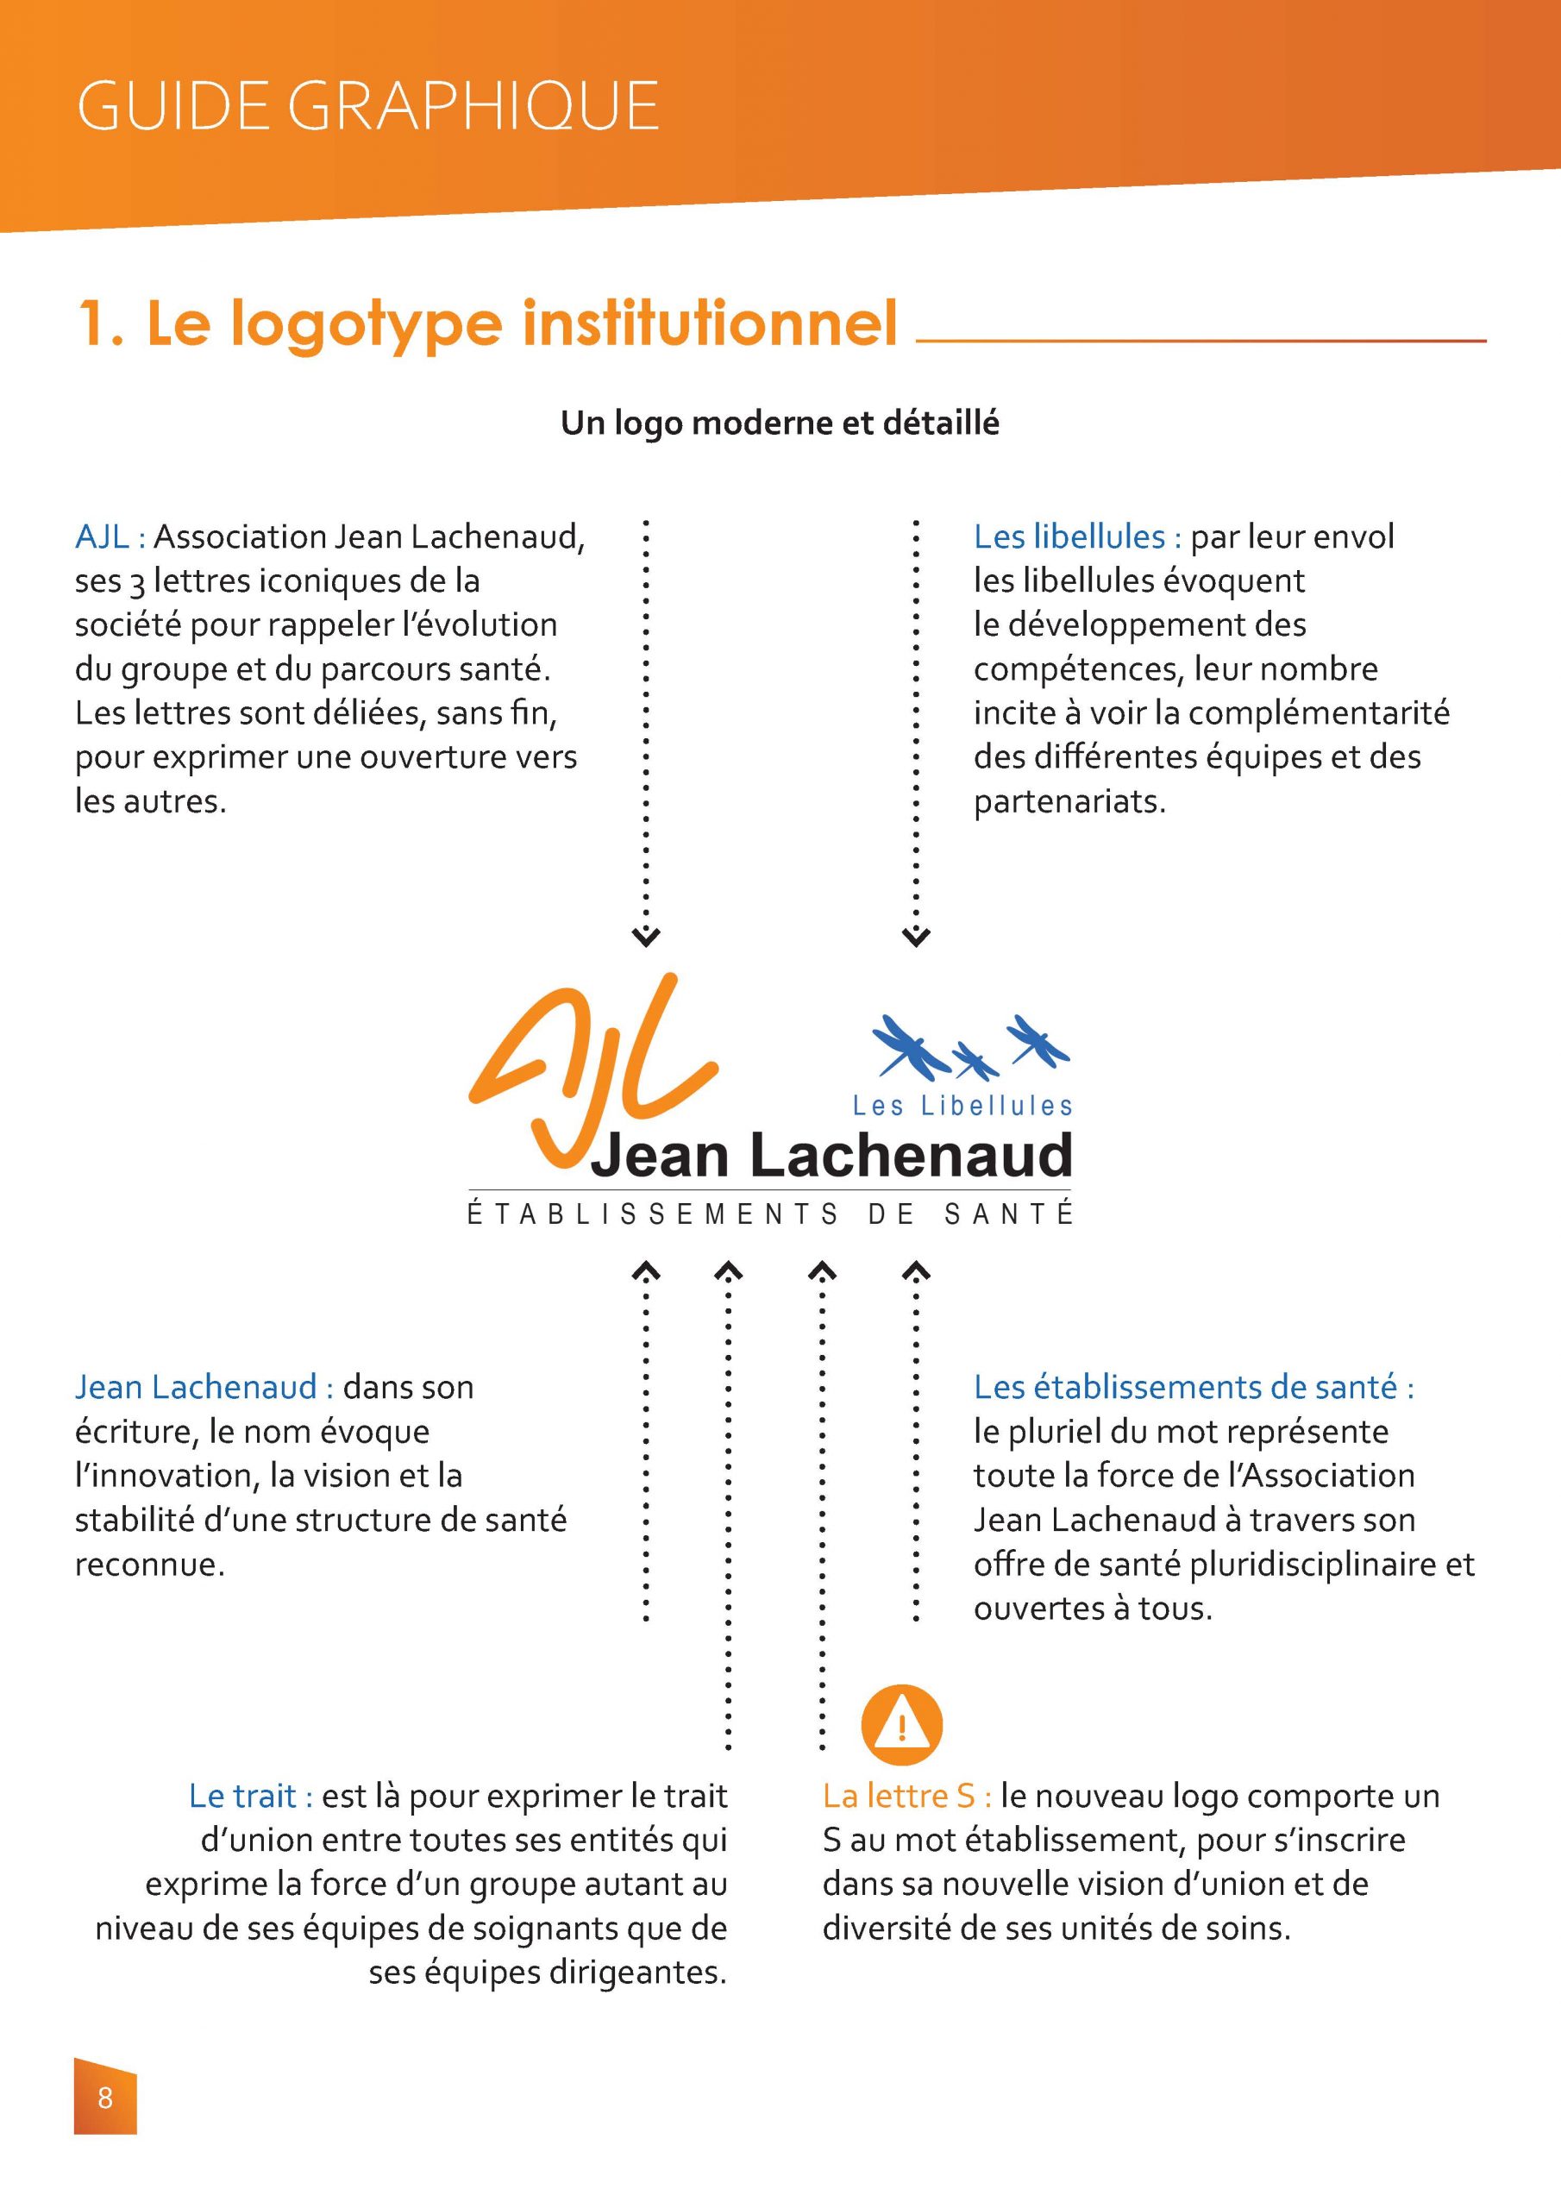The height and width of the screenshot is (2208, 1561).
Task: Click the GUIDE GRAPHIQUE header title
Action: click(x=367, y=106)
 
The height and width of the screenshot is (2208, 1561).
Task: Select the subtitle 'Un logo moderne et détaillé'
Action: click(x=780, y=423)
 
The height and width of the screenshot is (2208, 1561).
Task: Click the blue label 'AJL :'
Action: click(x=110, y=536)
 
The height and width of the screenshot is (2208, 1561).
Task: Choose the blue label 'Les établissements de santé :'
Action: click(x=1194, y=1387)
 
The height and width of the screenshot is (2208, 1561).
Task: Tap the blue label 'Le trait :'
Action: click(x=250, y=1796)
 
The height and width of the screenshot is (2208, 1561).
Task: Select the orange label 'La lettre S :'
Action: click(x=906, y=1796)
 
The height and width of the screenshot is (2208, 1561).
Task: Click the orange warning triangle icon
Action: click(x=901, y=1725)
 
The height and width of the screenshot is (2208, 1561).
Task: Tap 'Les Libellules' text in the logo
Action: click(x=962, y=1106)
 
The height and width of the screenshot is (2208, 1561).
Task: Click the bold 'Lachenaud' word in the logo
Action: click(x=910, y=1155)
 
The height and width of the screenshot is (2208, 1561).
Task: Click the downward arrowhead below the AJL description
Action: click(x=645, y=935)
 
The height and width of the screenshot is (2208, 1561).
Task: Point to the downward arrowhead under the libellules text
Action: click(x=916, y=935)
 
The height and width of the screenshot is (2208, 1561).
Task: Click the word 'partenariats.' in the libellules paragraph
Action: click(x=1069, y=801)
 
